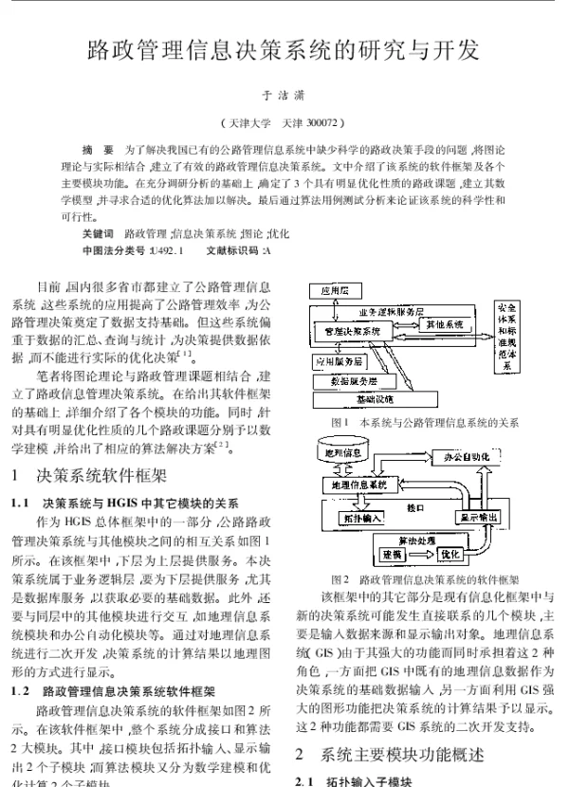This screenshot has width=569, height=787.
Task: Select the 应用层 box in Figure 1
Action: (x=338, y=289)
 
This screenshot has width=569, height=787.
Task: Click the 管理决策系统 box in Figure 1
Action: (x=351, y=331)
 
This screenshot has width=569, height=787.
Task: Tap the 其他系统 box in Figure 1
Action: (x=444, y=325)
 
